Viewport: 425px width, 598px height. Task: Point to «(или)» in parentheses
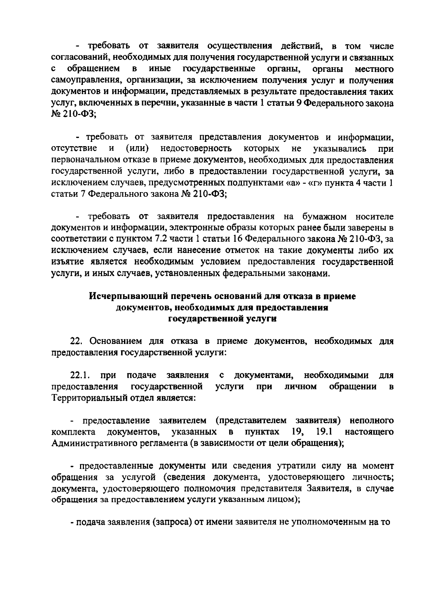tap(137, 148)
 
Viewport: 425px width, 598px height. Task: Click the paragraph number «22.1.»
tap(79, 375)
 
